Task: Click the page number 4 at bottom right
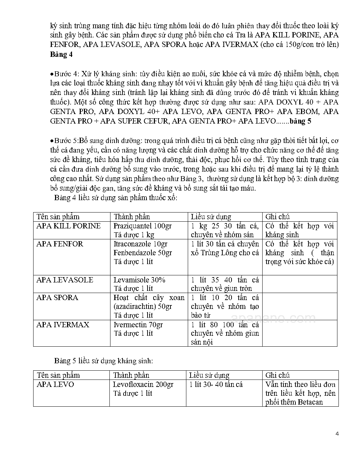pyautogui.click(x=337, y=434)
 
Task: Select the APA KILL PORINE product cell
pyautogui.click(x=68, y=226)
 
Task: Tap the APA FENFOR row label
pyautogui.click(x=60, y=244)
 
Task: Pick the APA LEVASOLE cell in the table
pyautogui.click(x=65, y=280)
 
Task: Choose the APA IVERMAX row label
pyautogui.click(x=63, y=324)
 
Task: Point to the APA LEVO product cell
pyautogui.click(x=55, y=384)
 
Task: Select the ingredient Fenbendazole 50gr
pyautogui.click(x=143, y=253)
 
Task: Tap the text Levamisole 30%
pyautogui.click(x=139, y=280)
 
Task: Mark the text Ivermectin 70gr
pyautogui.click(x=138, y=324)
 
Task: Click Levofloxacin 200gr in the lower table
pyautogui.click(x=143, y=384)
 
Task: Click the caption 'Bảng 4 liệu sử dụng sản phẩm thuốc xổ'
pyautogui.click(x=116, y=197)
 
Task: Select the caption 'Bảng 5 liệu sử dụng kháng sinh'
pyautogui.click(x=103, y=361)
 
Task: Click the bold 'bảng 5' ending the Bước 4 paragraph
pyautogui.click(x=300, y=121)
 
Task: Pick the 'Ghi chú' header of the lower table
pyautogui.click(x=277, y=375)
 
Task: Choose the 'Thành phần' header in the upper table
pyautogui.click(x=132, y=217)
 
